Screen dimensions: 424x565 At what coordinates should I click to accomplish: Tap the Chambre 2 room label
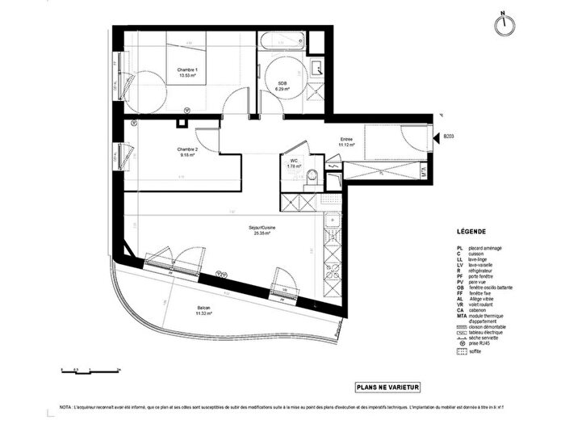[x=187, y=152]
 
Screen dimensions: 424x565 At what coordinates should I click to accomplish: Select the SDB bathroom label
[x=282, y=85]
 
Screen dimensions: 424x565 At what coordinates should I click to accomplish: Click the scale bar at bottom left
[x=90, y=368]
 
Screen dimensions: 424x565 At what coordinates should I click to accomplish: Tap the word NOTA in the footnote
[x=66, y=410]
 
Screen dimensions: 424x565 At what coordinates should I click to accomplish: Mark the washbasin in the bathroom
[x=316, y=67]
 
